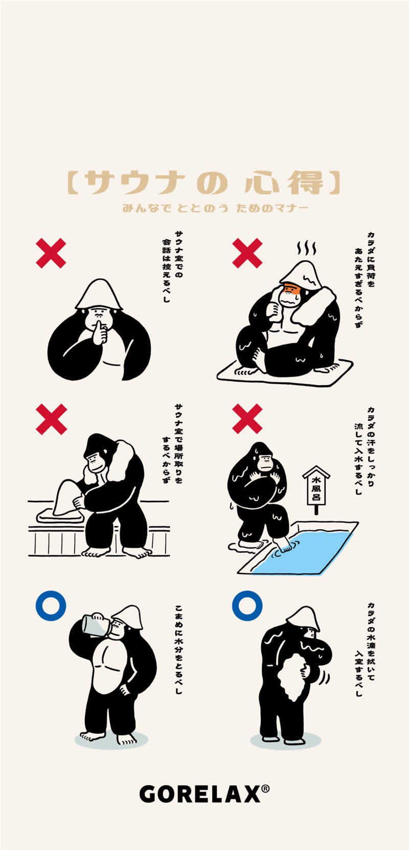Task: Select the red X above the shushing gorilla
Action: click(x=51, y=253)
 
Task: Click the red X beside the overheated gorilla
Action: click(x=247, y=253)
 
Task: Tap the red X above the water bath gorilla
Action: click(x=247, y=419)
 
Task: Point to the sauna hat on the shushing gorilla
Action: click(x=98, y=295)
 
